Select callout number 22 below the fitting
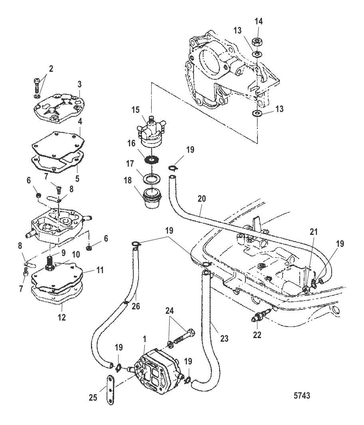pyautogui.click(x=257, y=334)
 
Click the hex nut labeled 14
pyautogui.click(x=257, y=43)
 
